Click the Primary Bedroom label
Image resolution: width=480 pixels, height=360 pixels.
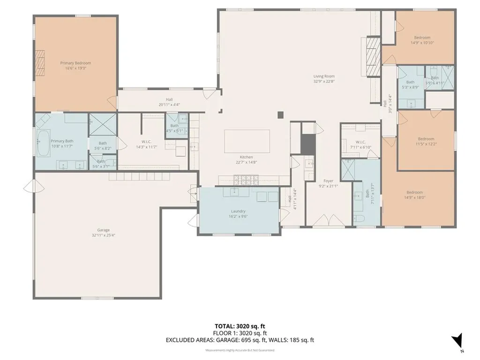(x=75, y=63)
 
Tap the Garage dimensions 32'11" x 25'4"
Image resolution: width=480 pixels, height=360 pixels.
(x=103, y=235)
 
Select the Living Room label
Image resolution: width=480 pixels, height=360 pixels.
(x=324, y=76)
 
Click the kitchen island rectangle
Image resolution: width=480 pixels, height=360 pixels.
(x=247, y=141)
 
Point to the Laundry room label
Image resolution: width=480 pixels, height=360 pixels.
(x=239, y=211)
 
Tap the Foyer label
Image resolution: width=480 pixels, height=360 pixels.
(x=328, y=180)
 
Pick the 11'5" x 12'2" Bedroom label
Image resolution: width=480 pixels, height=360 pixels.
(x=426, y=139)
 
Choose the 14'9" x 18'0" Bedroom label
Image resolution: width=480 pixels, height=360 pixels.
(x=414, y=192)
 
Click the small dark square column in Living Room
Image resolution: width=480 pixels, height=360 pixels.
(x=280, y=114)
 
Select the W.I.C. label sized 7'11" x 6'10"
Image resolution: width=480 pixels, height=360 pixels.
(x=360, y=142)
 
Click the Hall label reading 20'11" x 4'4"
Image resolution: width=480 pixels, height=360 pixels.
(x=169, y=99)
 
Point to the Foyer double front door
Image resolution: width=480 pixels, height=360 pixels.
(x=329, y=220)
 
